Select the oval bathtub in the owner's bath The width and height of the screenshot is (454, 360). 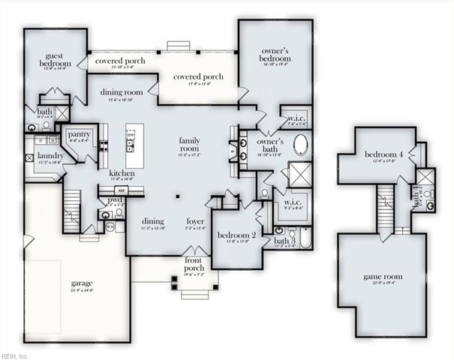(300, 144)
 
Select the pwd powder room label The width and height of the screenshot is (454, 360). (116, 200)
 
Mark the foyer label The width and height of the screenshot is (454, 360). (197, 222)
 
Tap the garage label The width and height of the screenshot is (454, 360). (82, 284)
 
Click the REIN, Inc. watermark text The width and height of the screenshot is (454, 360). (14, 355)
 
